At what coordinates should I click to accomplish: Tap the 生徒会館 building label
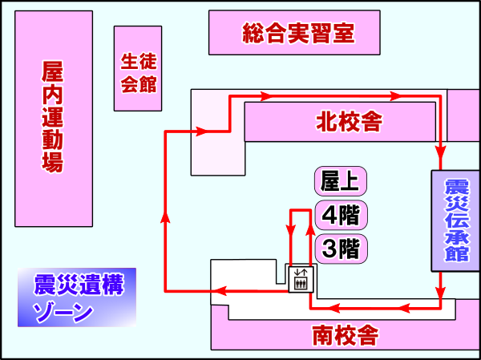pos(138,72)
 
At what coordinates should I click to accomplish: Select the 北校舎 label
pos(348,123)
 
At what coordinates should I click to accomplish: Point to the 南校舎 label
pos(345,335)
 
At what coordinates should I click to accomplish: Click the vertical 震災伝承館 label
pos(456,220)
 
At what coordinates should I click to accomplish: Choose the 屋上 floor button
pos(340,181)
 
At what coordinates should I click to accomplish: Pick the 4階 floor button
pos(340,215)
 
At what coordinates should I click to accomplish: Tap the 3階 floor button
pos(340,248)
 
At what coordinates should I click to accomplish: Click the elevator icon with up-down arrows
pos(302,278)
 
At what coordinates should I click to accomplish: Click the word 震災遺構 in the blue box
pos(79,285)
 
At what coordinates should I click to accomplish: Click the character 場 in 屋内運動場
pos(52,164)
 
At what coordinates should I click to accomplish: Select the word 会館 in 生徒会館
pos(138,83)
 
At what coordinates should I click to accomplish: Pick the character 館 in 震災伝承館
pos(456,254)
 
